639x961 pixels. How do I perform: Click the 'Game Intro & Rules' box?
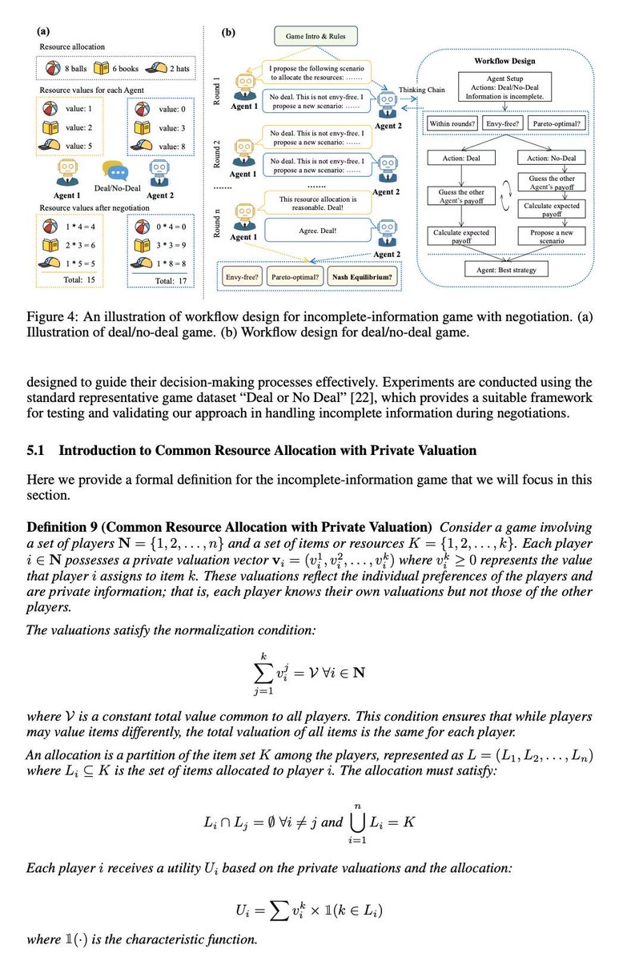pyautogui.click(x=315, y=36)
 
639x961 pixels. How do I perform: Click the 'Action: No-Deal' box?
pyautogui.click(x=553, y=158)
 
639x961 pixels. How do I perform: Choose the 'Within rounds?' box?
pyautogui.click(x=453, y=124)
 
